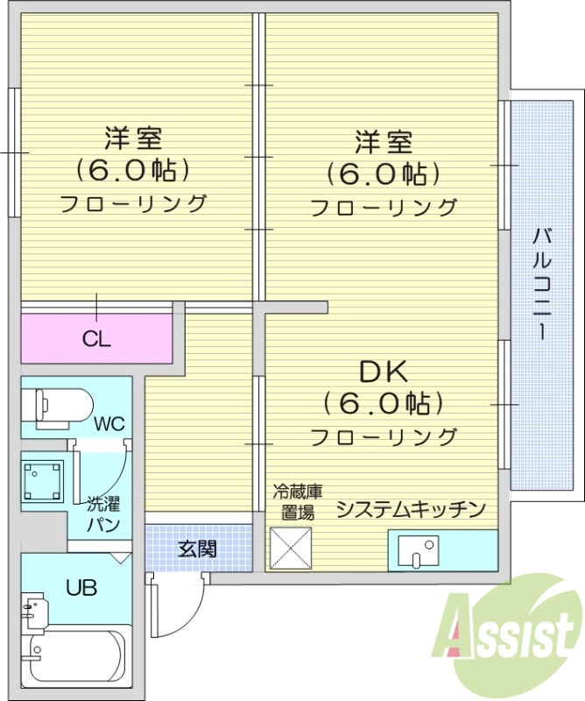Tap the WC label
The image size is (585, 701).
(110, 424)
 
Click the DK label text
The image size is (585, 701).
(383, 372)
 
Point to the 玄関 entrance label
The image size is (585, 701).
(198, 549)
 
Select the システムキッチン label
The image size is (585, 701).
(411, 509)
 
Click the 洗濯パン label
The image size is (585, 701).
(102, 515)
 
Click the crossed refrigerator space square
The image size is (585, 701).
(291, 549)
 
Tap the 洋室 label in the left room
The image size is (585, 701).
(133, 139)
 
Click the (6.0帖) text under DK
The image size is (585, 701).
(383, 404)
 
